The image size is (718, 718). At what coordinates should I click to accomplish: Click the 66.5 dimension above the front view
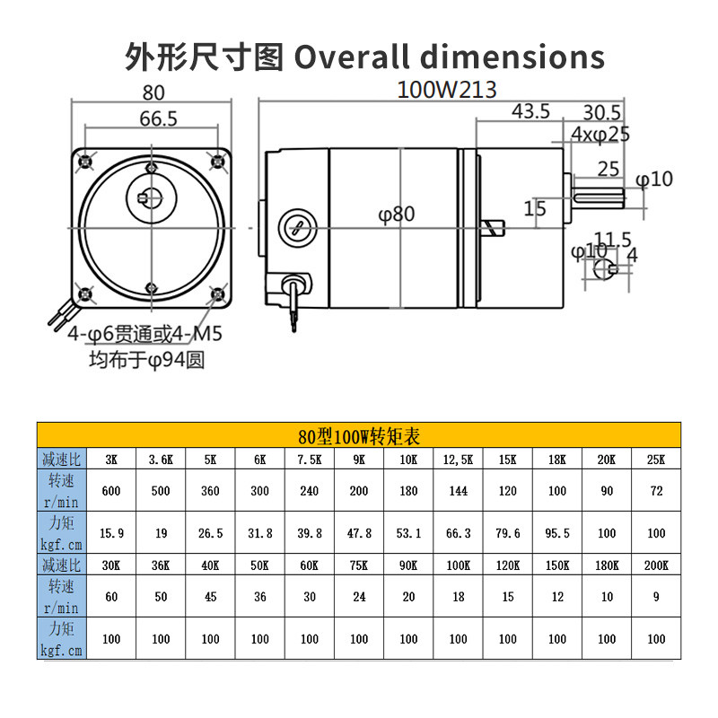coord(159,119)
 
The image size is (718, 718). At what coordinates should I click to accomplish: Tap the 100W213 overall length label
coord(447,90)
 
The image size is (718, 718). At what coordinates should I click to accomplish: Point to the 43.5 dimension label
coord(530,111)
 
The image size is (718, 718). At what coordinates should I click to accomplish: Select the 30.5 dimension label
coord(601,113)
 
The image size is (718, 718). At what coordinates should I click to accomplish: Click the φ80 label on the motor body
coord(397,215)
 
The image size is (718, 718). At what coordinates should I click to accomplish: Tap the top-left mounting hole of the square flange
coord(85,162)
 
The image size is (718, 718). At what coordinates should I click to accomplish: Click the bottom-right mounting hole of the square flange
coord(217,293)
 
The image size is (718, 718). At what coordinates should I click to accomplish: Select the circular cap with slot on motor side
coord(298,228)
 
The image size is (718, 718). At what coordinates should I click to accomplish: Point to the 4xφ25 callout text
coord(600,135)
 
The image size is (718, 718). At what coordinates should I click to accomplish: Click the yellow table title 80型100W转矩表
coord(359,436)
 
